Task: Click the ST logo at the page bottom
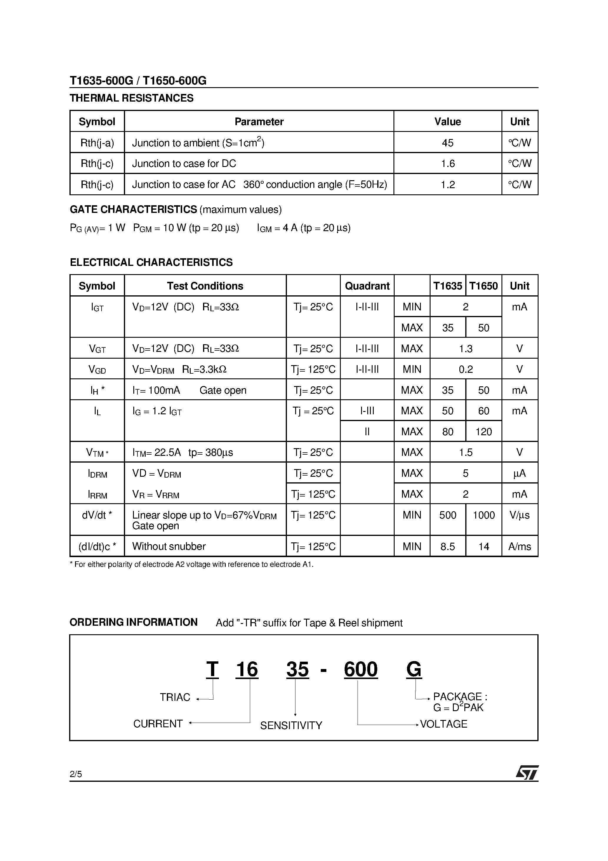coord(527,773)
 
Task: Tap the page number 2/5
coord(76,774)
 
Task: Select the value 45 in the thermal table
coord(448,143)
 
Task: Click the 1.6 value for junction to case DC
coord(448,163)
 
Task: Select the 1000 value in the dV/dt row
coord(484,515)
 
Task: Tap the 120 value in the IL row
coord(484,432)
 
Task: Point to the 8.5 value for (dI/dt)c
coord(448,547)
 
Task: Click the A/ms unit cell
coord(519,547)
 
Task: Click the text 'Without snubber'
coord(169,547)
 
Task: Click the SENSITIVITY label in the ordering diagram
coord(291,726)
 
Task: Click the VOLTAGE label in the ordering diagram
coord(443,724)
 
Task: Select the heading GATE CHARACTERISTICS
coord(133,209)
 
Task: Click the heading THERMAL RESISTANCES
coord(132,98)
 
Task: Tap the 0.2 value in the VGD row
coord(466,369)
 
